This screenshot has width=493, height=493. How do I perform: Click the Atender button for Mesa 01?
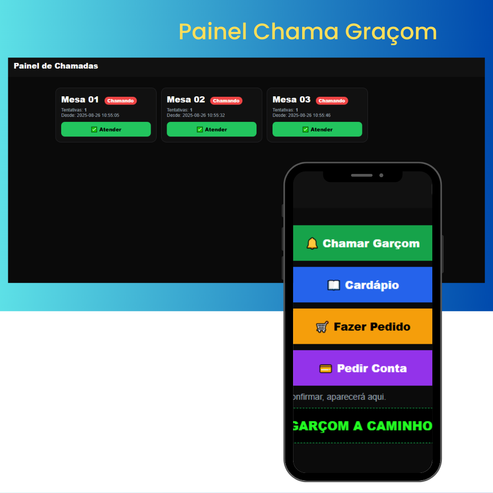click(106, 129)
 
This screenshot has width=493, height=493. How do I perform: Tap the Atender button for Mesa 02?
click(212, 129)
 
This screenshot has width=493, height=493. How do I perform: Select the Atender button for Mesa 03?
click(317, 129)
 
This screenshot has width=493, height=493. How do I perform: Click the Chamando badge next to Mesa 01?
click(121, 100)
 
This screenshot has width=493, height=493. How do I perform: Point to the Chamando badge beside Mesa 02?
click(226, 100)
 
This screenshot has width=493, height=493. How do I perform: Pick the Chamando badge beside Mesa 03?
click(332, 100)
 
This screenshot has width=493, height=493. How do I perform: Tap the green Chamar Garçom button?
click(362, 243)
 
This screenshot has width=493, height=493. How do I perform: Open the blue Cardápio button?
click(362, 284)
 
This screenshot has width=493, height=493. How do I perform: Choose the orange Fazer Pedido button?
click(362, 326)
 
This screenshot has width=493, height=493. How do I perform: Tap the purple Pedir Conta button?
click(362, 368)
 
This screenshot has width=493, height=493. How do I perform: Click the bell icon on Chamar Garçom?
click(312, 243)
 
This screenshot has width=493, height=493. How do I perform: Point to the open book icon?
click(334, 285)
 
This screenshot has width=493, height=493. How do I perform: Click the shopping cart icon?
click(322, 327)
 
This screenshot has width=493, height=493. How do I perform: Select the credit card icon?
click(325, 368)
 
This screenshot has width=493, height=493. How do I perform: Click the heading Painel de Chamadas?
click(56, 66)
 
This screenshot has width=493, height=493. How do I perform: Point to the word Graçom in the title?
click(391, 33)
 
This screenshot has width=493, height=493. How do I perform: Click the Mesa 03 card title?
click(291, 100)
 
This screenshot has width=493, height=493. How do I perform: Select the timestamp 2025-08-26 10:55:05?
click(98, 115)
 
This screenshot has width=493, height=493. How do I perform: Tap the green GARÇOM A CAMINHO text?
click(362, 426)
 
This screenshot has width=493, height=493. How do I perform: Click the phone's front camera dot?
click(381, 175)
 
